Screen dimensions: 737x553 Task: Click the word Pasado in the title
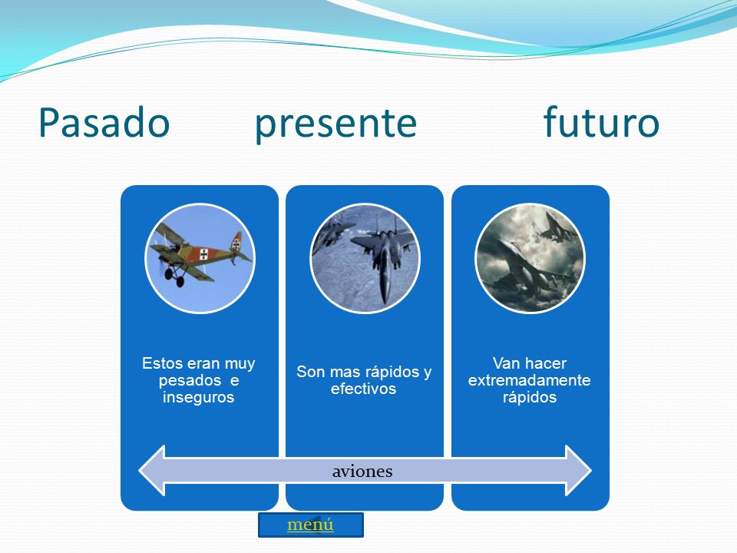pyautogui.click(x=104, y=122)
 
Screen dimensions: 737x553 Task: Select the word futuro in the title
pyautogui.click(x=601, y=121)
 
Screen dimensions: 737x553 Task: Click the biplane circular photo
pyautogui.click(x=200, y=258)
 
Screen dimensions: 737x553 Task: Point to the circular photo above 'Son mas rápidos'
pyautogui.click(x=365, y=258)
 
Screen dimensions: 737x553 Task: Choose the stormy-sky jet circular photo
pyautogui.click(x=530, y=258)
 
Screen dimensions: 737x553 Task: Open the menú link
pyautogui.click(x=310, y=525)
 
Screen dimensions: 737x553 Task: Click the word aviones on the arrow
pyautogui.click(x=362, y=471)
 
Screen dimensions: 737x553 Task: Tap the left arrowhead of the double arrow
pyautogui.click(x=152, y=470)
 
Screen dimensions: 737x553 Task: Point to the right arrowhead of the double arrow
pyautogui.click(x=578, y=470)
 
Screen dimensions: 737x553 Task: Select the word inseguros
pyautogui.click(x=198, y=397)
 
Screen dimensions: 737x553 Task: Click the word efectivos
pyautogui.click(x=363, y=389)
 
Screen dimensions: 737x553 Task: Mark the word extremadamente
pyautogui.click(x=529, y=380)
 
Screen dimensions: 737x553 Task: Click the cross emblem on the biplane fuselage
pyautogui.click(x=203, y=254)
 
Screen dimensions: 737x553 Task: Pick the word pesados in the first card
pyautogui.click(x=190, y=380)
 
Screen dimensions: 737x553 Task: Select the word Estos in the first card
pyautogui.click(x=163, y=363)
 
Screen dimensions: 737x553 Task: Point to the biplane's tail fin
pyautogui.click(x=236, y=243)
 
